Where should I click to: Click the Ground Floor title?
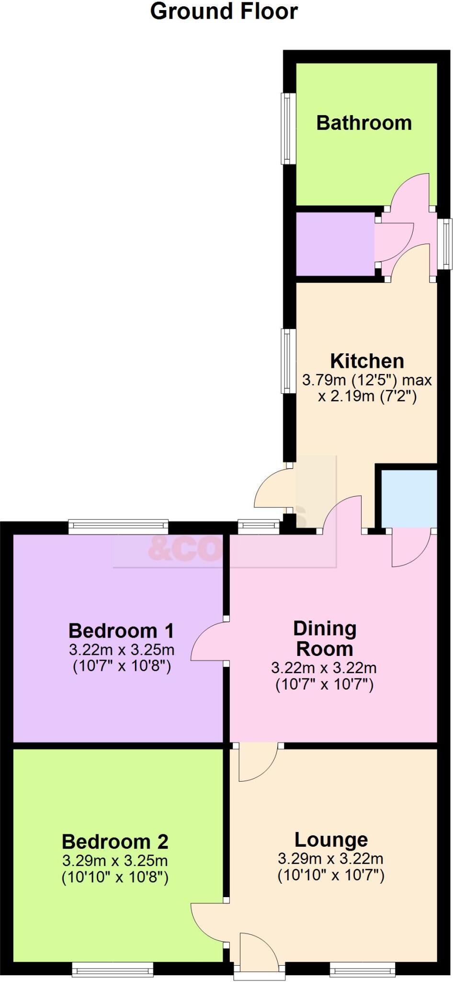(x=224, y=12)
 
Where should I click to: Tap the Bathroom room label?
(x=364, y=123)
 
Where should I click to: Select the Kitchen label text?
(x=367, y=361)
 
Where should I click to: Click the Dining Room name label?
(x=325, y=638)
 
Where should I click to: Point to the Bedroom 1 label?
(x=121, y=631)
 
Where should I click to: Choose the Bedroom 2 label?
(x=115, y=842)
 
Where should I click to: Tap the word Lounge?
(x=331, y=840)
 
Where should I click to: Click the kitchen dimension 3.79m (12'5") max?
(x=367, y=380)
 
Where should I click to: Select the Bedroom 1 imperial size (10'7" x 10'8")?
(x=122, y=666)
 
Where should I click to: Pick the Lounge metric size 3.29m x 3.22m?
(x=330, y=858)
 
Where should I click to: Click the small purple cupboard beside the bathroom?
(x=335, y=244)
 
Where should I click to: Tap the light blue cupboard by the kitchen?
(x=409, y=498)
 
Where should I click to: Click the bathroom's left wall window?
(x=288, y=129)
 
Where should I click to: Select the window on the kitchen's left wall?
(x=288, y=361)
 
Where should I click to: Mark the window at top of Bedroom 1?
(x=118, y=526)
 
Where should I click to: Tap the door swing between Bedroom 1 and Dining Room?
(x=208, y=642)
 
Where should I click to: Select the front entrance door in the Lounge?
(x=258, y=949)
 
